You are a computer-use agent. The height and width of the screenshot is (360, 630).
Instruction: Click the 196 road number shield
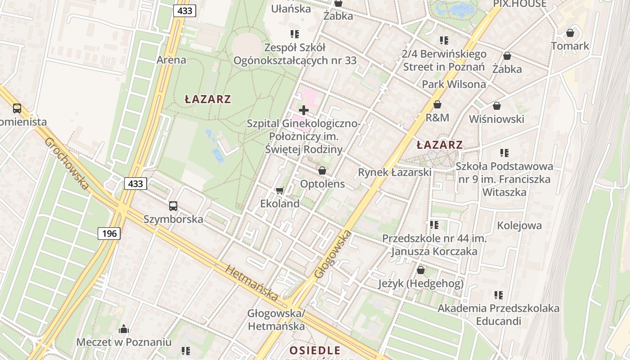click(109, 233)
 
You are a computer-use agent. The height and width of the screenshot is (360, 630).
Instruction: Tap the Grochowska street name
click(66, 164)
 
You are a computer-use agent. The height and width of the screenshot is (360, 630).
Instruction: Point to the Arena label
click(171, 60)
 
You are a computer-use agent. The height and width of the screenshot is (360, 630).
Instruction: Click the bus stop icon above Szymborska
click(173, 206)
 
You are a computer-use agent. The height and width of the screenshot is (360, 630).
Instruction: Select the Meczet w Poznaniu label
click(124, 342)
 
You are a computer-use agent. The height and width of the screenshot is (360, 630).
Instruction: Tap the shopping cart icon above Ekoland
click(279, 191)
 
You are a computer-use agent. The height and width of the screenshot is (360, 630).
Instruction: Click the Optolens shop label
click(322, 184)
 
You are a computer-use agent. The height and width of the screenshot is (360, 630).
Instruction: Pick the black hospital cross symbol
click(304, 110)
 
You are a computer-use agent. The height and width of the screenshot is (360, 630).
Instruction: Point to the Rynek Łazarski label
click(395, 172)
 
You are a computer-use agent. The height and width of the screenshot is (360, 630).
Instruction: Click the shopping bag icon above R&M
click(437, 104)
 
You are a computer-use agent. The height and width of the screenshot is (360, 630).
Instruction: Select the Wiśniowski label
click(496, 119)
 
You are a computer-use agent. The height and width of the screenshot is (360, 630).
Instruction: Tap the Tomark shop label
click(570, 46)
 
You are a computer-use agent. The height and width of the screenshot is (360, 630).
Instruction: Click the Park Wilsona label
click(454, 84)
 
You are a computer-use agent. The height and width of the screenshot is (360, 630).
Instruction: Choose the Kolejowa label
click(519, 225)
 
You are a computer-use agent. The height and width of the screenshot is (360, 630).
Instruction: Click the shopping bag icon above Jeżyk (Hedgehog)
click(421, 270)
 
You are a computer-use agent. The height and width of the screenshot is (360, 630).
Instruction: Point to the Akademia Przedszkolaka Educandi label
click(499, 315)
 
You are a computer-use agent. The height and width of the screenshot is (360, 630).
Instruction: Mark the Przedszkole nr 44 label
click(434, 245)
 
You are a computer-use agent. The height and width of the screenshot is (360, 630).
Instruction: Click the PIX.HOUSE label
click(520, 4)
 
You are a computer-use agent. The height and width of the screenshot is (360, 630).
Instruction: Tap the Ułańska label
click(291, 9)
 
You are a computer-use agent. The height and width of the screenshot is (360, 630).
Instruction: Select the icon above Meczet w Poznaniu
click(124, 329)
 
